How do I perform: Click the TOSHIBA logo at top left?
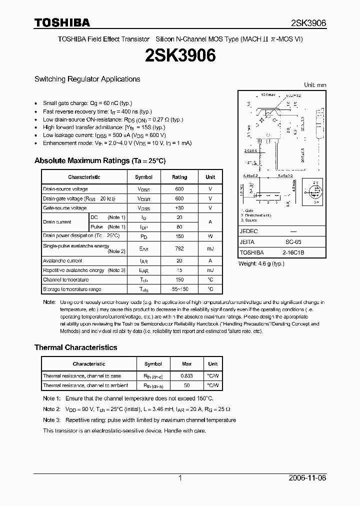(x=62, y=22)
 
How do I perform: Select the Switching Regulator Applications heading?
(x=87, y=79)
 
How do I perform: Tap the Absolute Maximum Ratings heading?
(x=99, y=161)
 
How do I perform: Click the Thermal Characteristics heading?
(x=75, y=347)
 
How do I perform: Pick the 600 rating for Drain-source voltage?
(x=179, y=189)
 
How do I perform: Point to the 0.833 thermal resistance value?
(x=187, y=376)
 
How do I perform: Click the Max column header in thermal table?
(x=187, y=364)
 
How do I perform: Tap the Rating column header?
(x=179, y=177)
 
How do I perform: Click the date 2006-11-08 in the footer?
(x=307, y=478)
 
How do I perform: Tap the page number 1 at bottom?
(x=180, y=478)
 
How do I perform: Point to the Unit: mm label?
(x=315, y=85)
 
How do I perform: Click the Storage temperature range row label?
(x=72, y=289)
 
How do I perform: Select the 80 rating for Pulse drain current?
(x=179, y=227)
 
